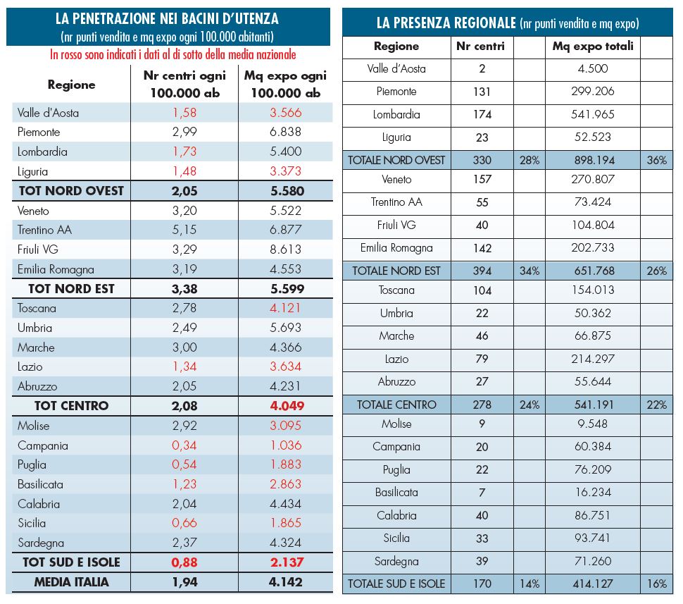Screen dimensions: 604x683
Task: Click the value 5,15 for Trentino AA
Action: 184,230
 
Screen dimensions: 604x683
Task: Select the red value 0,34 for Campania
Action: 184,445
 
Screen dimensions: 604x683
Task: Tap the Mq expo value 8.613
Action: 286,249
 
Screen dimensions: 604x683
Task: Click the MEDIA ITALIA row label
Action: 72,581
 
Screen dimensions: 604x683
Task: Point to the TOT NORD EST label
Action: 71,289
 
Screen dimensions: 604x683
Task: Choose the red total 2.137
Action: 286,562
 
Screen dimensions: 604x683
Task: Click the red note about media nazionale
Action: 173,54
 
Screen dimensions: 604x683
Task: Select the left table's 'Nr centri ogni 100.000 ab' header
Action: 184,85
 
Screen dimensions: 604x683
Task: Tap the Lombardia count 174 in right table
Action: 482,114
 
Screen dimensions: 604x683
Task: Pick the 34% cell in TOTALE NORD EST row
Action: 529,271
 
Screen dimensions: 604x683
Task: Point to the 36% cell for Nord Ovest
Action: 656,160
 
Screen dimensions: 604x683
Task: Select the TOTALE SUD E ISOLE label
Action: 396,584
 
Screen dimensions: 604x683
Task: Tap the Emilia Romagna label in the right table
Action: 396,248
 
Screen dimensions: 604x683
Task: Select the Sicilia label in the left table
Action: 32,523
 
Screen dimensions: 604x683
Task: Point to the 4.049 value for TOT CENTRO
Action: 286,406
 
